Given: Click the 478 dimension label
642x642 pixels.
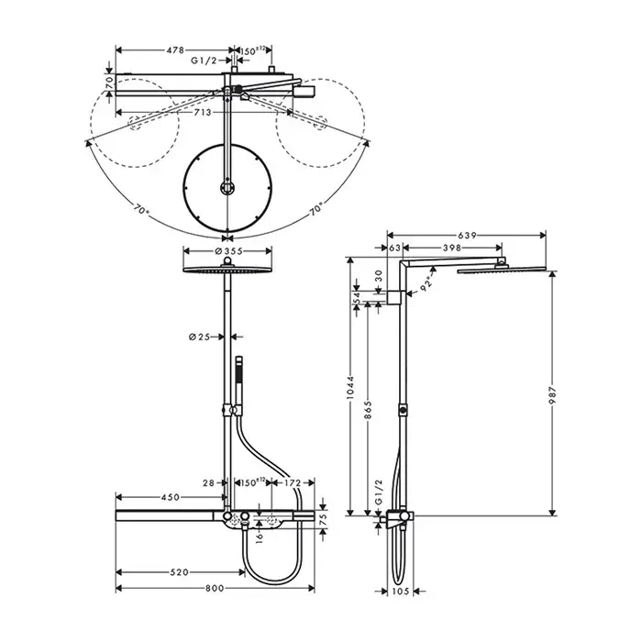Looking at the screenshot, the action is pos(175,50).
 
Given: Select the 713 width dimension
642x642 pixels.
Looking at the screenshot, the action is pos(203,112).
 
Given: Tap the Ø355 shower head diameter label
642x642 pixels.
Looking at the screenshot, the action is pos(228,251).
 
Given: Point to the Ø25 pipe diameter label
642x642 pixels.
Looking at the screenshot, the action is pos(199,337).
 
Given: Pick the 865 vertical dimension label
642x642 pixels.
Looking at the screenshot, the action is pos(368,410).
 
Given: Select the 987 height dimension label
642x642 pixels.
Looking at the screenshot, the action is pos(553,395).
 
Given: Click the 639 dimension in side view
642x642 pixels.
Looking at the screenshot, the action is pos(467,236).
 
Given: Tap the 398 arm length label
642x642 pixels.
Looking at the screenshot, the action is pos(452,248).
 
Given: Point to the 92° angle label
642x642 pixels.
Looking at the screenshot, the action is pos(426,283).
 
